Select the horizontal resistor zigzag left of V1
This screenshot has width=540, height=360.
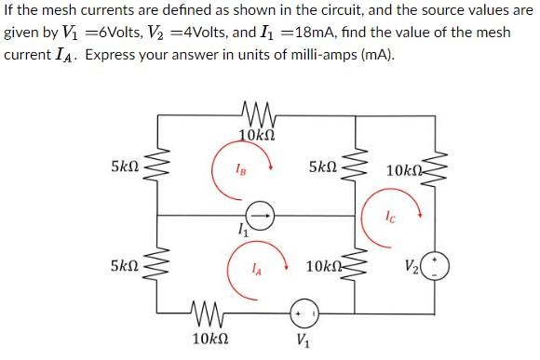pyautogui.click(x=203, y=312)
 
